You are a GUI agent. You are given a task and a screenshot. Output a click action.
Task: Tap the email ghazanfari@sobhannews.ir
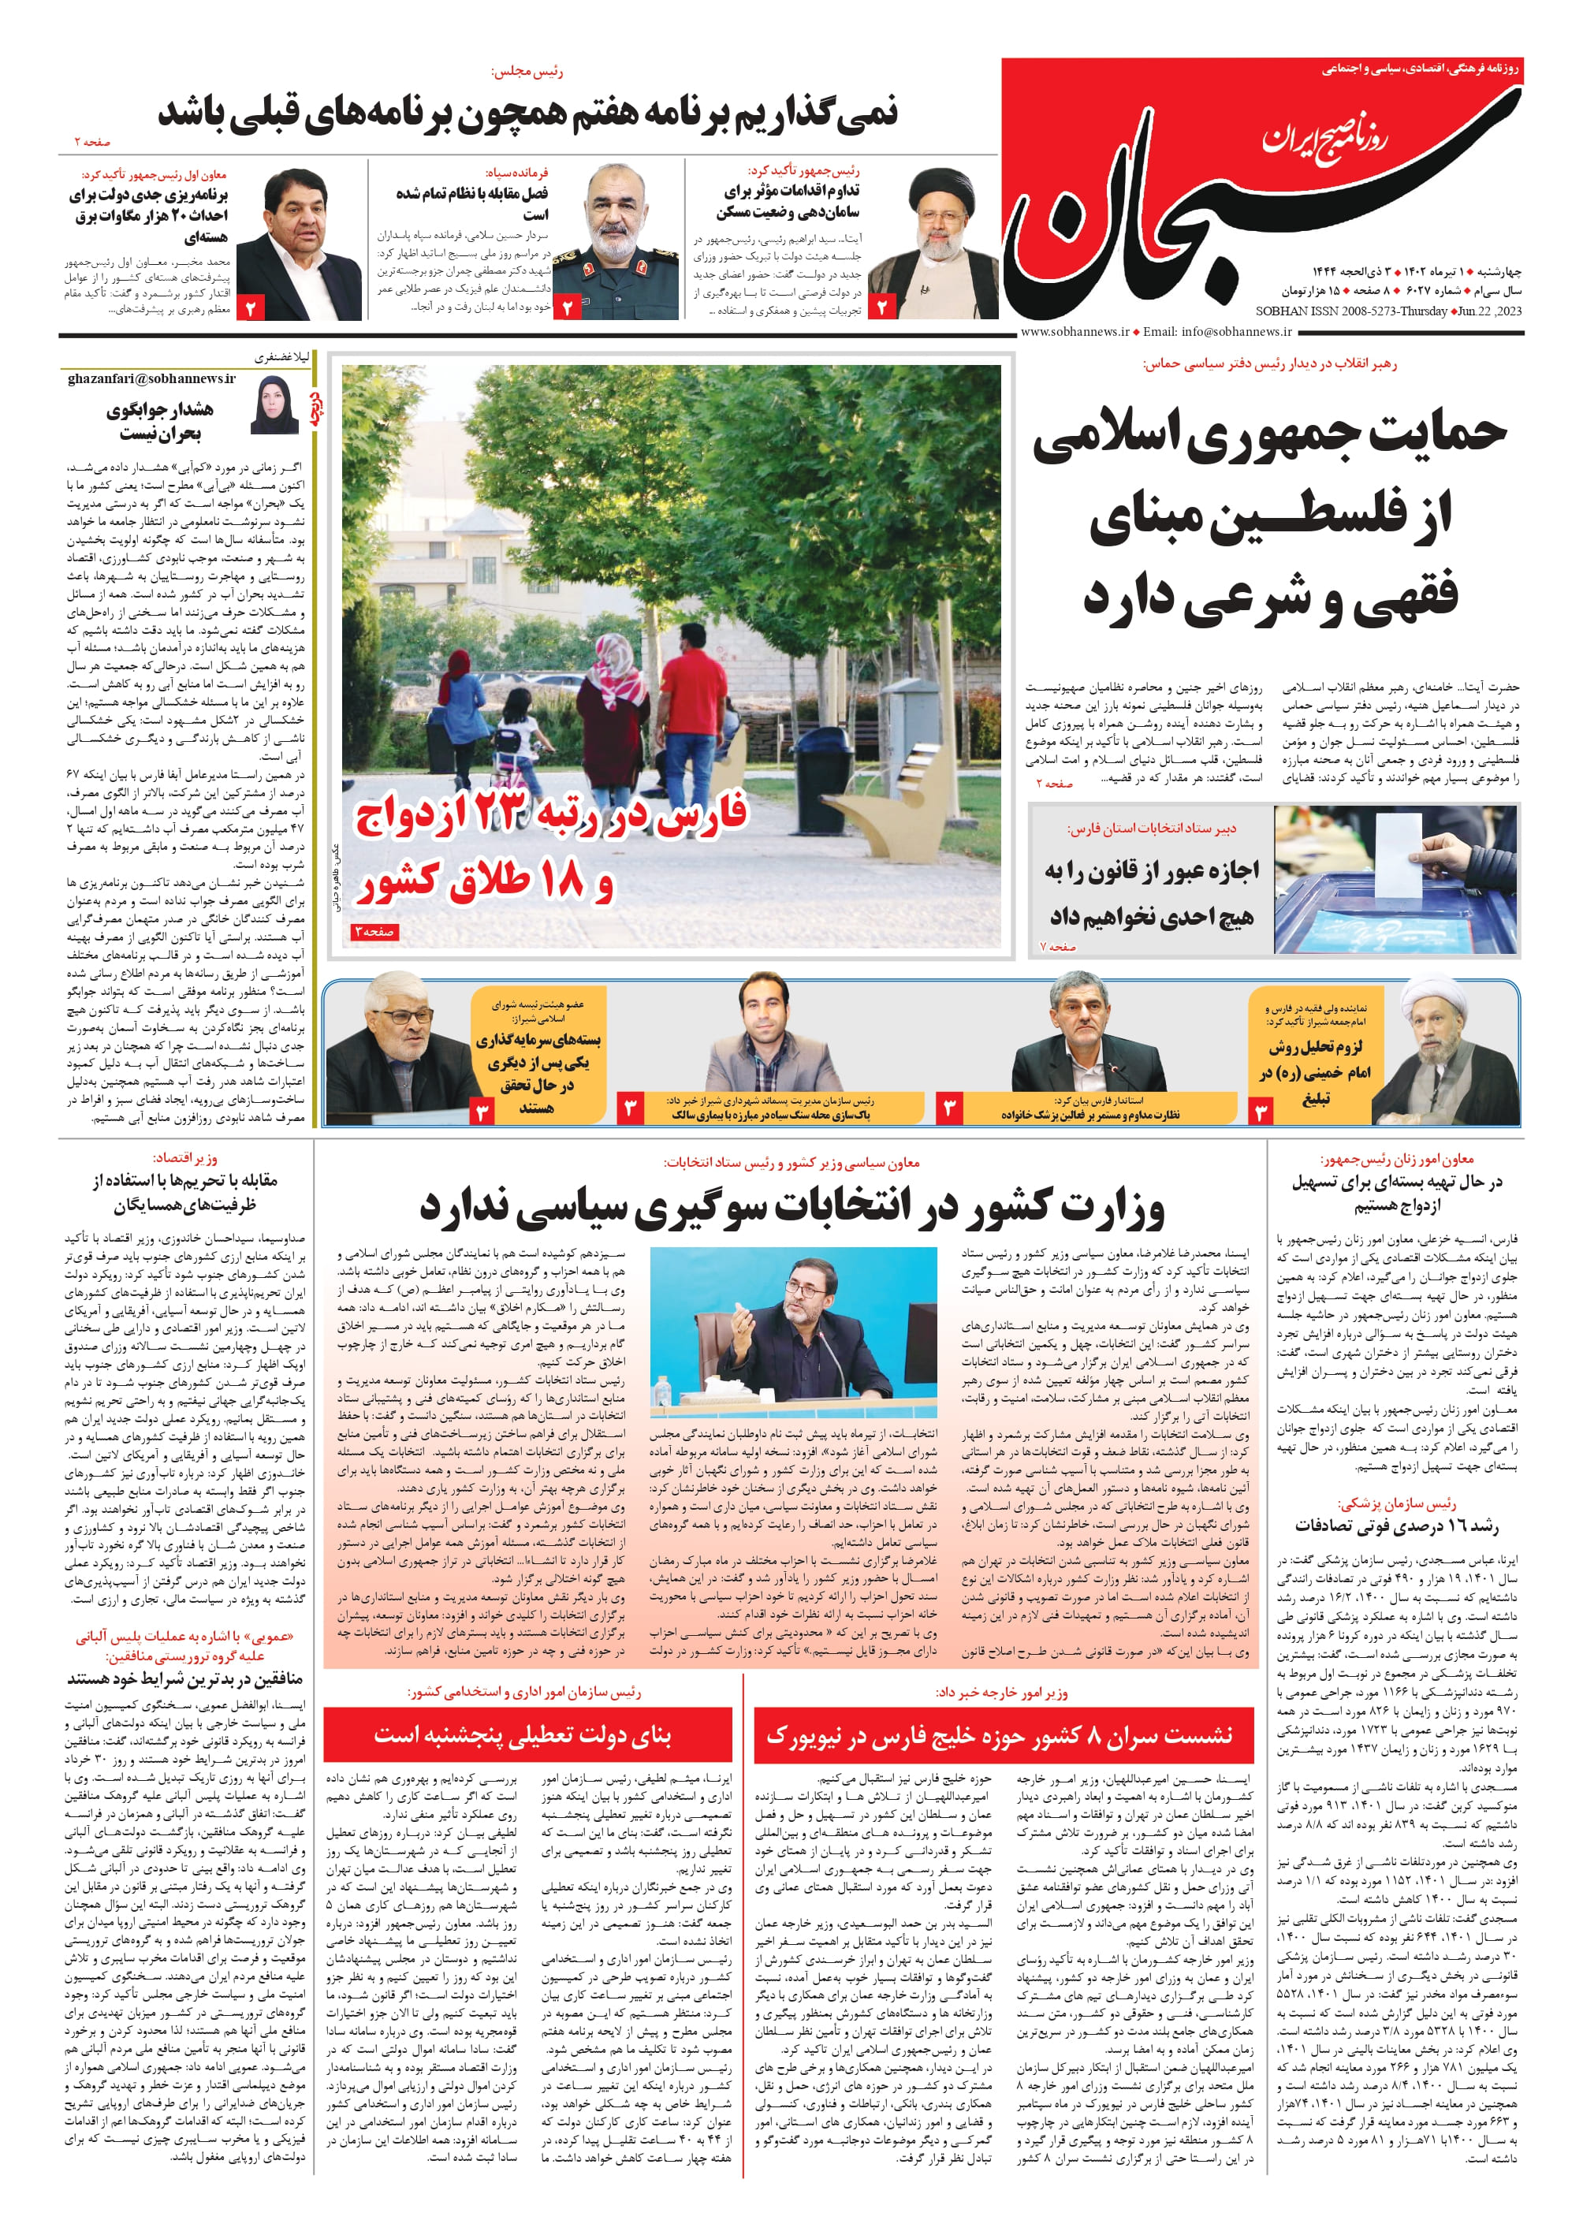[x=151, y=378]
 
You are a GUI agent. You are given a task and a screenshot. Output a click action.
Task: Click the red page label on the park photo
[x=374, y=933]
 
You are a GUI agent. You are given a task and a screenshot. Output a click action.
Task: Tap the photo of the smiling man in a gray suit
[x=762, y=1043]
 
